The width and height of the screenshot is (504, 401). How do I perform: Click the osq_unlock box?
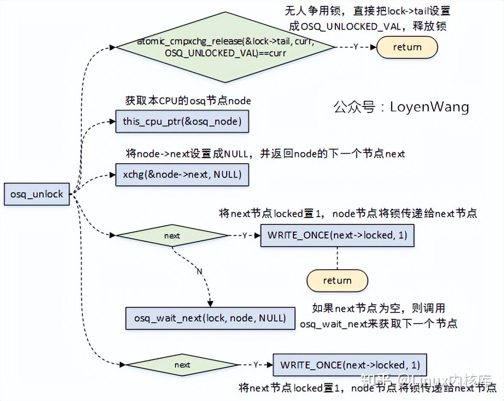[x=37, y=194]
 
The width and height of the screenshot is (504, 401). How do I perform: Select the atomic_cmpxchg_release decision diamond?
[x=226, y=47]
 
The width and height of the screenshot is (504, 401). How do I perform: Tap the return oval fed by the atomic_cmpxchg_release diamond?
[x=407, y=47]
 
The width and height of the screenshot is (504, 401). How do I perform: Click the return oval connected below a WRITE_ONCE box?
[x=337, y=280]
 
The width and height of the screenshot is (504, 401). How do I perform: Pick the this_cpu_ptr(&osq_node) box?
[x=182, y=121]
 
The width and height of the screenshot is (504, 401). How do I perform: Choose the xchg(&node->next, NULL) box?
[x=182, y=174]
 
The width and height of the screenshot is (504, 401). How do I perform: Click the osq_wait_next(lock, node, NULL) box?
[x=210, y=318]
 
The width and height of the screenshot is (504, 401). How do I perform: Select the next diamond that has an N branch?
[x=172, y=236]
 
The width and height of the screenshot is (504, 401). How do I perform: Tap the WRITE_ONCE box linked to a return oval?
[x=337, y=235]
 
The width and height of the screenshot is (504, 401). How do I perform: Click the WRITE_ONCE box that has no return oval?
[x=350, y=365]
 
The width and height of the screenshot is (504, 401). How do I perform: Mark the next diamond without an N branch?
[x=182, y=365]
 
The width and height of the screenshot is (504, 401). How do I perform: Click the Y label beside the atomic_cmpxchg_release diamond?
[x=355, y=47]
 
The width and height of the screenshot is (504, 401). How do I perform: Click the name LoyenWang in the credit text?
[x=429, y=107]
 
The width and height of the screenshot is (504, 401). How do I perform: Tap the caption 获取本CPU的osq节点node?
[x=188, y=101]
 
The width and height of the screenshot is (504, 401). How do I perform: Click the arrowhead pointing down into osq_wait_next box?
[x=210, y=304]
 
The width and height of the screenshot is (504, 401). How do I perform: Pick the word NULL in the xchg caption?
[x=236, y=153]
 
